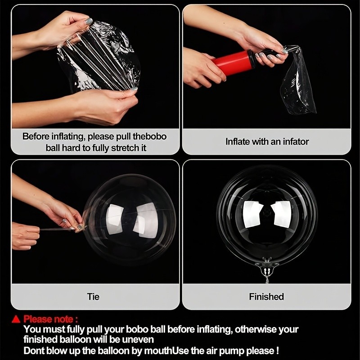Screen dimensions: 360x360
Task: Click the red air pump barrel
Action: coord(233,63)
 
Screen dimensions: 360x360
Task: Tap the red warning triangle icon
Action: coord(16,319)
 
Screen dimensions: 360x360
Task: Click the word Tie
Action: coord(93,297)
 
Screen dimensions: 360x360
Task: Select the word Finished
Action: coord(266,297)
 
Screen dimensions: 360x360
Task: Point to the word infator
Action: coord(296,142)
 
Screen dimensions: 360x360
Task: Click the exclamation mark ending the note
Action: coord(278,351)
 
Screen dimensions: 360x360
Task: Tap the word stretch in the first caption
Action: coord(122,148)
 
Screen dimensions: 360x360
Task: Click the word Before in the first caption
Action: coord(36,136)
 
